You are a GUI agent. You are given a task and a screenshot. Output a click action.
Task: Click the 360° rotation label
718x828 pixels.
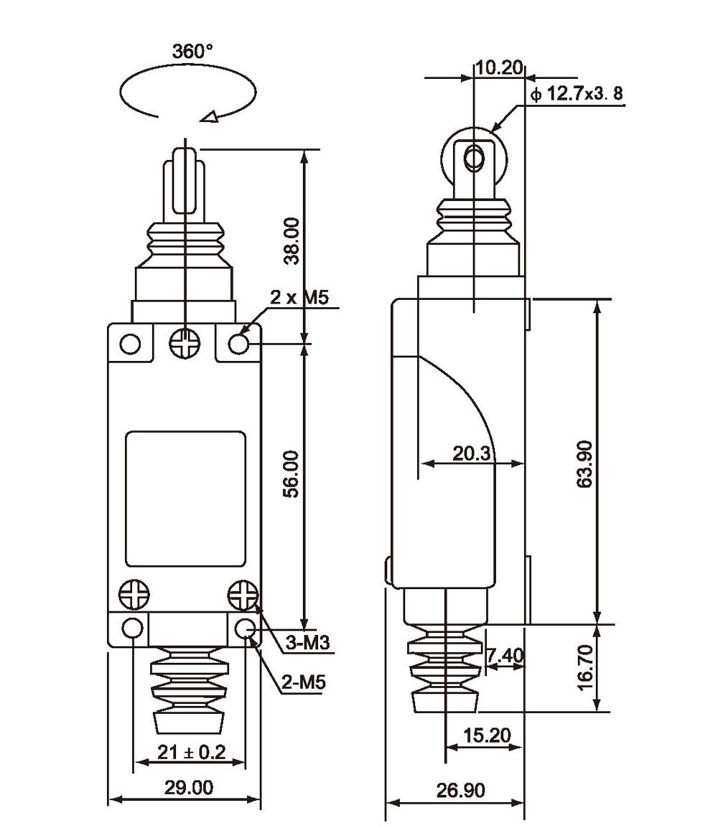(192, 52)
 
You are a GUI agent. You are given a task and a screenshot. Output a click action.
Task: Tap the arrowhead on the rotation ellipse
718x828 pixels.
(211, 116)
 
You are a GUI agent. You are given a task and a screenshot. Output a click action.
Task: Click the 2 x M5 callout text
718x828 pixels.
(300, 298)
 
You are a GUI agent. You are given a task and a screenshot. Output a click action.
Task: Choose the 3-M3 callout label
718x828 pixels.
(307, 644)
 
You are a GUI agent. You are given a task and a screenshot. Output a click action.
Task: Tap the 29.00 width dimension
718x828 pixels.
(188, 788)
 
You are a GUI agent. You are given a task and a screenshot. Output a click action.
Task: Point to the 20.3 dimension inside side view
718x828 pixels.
(471, 453)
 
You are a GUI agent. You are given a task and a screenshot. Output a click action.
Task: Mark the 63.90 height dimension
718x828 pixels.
(584, 464)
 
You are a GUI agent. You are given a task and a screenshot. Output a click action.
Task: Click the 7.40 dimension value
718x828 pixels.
(505, 655)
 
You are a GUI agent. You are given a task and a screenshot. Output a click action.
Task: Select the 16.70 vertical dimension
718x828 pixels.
(584, 668)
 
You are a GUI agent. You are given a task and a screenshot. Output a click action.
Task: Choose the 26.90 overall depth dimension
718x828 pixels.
(460, 790)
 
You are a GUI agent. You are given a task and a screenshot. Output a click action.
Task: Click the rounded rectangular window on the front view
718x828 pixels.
(186, 497)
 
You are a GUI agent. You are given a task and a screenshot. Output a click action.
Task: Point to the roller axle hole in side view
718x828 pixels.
(473, 156)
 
